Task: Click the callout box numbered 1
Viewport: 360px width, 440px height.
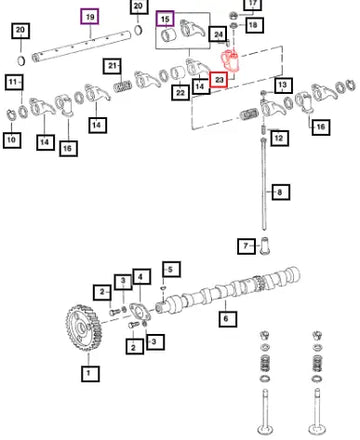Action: click(x=90, y=373)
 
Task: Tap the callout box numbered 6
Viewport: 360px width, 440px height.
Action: click(x=228, y=319)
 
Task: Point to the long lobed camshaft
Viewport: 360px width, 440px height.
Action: click(x=228, y=290)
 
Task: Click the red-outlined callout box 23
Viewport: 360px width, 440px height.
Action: click(x=219, y=80)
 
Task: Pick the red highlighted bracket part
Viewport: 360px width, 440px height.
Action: click(x=231, y=61)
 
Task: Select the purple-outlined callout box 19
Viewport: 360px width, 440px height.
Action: click(x=90, y=17)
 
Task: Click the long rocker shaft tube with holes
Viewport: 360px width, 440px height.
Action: click(x=82, y=46)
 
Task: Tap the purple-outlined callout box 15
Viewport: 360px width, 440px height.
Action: click(x=165, y=19)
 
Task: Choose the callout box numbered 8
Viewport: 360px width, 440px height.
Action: click(x=281, y=192)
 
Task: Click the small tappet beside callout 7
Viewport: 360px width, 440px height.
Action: click(x=264, y=246)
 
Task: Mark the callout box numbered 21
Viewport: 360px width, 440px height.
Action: click(x=112, y=66)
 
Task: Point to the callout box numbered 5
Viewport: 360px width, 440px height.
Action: click(x=172, y=269)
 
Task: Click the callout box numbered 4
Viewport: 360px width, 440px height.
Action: click(x=142, y=277)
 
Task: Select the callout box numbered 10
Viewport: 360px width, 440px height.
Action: click(x=12, y=139)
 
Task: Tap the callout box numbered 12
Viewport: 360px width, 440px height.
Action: click(x=279, y=138)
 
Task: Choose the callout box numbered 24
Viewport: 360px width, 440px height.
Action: click(x=218, y=34)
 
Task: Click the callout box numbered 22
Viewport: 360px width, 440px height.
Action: click(x=180, y=92)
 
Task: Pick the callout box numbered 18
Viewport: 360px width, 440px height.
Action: click(x=255, y=24)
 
